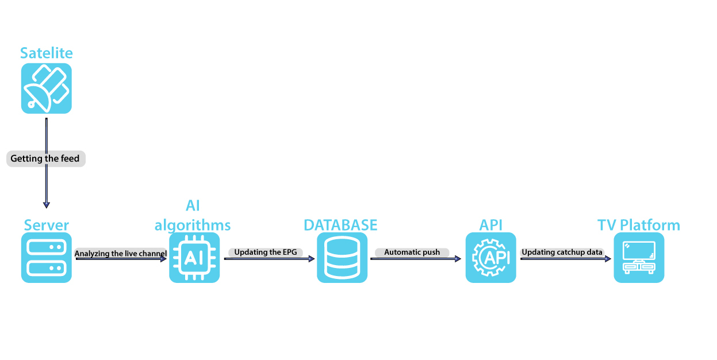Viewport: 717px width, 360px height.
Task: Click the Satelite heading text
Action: point(47,53)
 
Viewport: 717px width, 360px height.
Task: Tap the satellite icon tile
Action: point(47,89)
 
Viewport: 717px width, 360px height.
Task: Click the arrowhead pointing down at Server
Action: point(47,205)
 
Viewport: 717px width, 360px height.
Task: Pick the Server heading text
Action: point(47,225)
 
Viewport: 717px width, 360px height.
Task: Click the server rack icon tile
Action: point(47,258)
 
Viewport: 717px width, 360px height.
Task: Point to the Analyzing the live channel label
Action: point(121,254)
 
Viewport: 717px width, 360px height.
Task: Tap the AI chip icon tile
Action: point(194,258)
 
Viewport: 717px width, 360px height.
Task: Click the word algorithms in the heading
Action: point(193,225)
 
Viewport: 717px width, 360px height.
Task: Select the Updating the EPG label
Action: point(266,252)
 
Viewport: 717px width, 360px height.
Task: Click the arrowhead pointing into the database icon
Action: point(312,259)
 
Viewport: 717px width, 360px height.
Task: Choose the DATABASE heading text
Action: point(340,225)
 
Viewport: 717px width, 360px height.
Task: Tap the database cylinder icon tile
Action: point(342,258)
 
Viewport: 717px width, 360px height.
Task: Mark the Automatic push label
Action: point(412,252)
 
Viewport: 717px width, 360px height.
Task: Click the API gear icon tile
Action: point(490,258)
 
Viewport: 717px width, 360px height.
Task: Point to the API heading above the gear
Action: point(490,225)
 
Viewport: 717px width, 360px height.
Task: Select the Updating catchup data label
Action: point(562,252)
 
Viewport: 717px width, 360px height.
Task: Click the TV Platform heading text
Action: point(639,225)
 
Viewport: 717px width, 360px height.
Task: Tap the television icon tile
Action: point(639,258)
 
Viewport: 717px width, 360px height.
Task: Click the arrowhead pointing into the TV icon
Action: point(608,259)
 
